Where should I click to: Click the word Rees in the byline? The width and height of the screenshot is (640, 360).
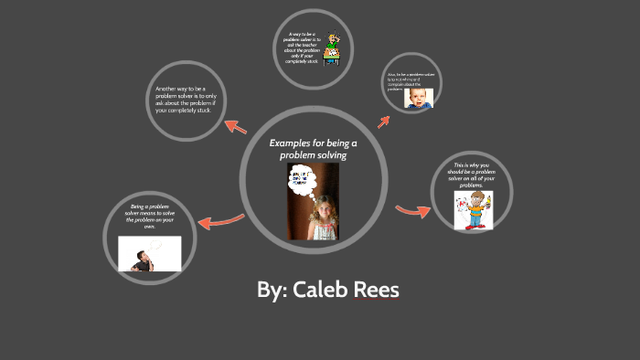375,291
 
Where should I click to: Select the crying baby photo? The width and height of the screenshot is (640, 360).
419,97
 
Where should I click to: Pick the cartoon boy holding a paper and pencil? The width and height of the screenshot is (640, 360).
474,209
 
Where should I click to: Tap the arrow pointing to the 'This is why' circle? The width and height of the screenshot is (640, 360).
412,211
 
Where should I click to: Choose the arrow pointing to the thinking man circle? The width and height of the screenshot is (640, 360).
219,220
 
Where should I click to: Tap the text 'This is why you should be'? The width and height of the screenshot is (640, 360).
473,175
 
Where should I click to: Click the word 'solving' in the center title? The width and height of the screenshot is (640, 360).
326,155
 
